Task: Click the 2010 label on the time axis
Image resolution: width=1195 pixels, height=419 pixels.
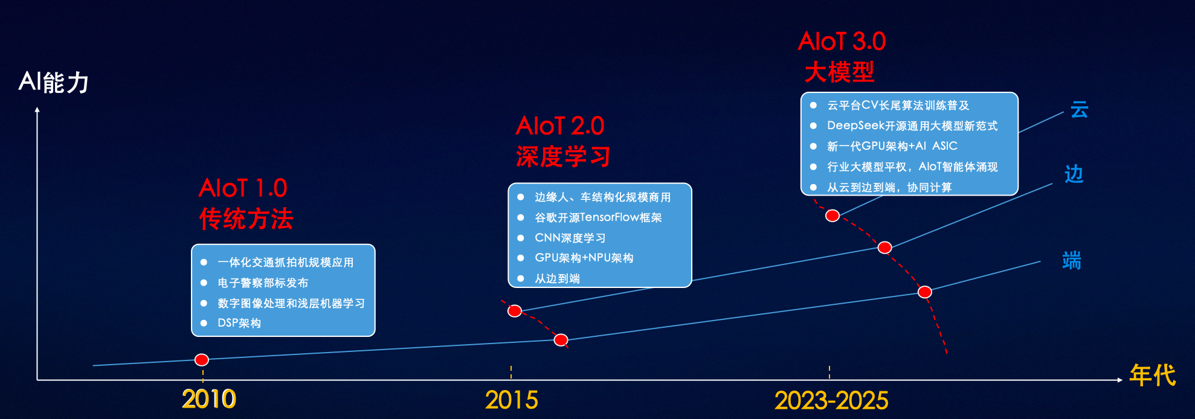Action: point(209,399)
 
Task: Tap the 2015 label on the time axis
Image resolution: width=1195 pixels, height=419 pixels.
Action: point(511,400)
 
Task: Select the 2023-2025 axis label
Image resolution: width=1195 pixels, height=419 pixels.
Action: point(831,400)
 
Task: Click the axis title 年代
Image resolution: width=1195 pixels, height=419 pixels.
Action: point(1153,376)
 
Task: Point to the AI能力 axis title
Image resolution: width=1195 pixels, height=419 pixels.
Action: point(54,82)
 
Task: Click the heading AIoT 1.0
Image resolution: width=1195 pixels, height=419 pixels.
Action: point(243,188)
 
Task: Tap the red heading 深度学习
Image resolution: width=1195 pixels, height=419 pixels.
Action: point(563,157)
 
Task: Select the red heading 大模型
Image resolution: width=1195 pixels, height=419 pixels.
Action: point(840,72)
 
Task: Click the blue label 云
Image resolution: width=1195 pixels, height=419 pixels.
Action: point(1079,110)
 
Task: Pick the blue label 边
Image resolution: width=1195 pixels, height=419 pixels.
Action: point(1074,174)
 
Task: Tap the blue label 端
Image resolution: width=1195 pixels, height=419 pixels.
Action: point(1071,261)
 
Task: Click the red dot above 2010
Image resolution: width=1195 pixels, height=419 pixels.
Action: point(202,360)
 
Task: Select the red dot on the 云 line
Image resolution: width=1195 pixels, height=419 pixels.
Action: point(833,216)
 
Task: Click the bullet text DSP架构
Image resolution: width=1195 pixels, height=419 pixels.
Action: point(239,323)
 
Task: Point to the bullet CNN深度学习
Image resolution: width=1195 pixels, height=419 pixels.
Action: point(570,238)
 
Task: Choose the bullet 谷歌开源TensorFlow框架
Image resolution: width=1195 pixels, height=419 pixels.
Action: point(598,217)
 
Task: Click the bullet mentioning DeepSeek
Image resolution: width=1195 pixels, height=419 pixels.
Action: point(912,126)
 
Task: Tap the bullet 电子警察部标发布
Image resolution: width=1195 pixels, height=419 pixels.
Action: point(263,283)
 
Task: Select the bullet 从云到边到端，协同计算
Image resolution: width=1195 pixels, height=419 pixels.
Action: point(889,187)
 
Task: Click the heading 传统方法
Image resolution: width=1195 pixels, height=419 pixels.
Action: point(246,219)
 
